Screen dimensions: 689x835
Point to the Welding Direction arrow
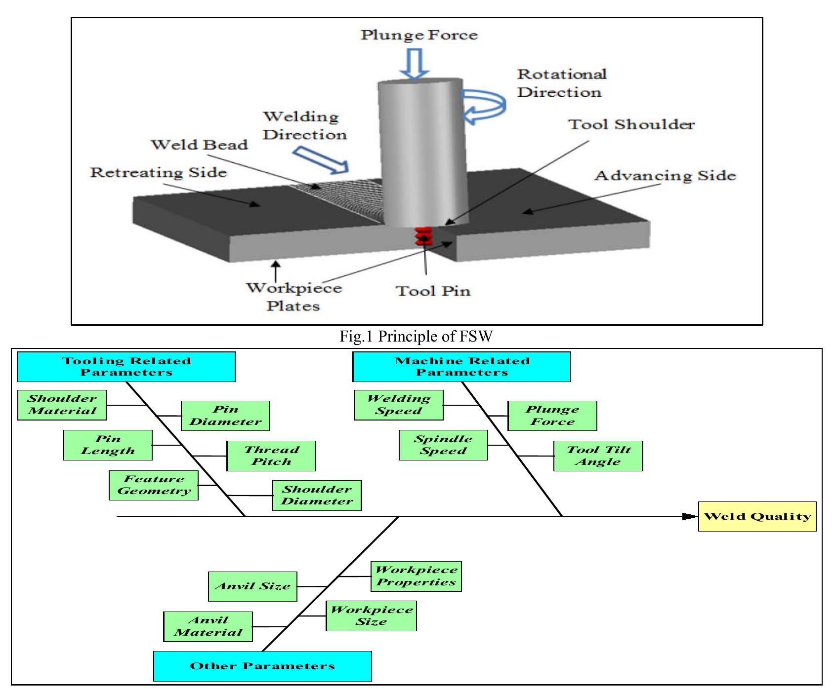[x=320, y=161]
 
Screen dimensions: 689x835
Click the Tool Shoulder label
[x=631, y=124]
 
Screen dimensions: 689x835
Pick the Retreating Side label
[x=158, y=173]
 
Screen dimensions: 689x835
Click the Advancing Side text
[x=665, y=176]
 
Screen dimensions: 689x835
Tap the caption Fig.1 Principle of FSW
[x=416, y=337]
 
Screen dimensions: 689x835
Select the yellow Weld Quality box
[x=756, y=517]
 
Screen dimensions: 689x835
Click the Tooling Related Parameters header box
[x=126, y=367]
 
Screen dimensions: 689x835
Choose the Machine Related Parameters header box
[x=461, y=367]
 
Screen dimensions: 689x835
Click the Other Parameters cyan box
[x=262, y=666]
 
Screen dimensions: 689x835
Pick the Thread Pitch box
[x=271, y=456]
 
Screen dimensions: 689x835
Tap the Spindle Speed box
[x=443, y=445]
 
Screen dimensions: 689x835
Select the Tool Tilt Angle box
[x=598, y=456]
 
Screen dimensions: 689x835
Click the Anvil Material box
[x=208, y=626]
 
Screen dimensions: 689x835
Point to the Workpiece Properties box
[x=416, y=576]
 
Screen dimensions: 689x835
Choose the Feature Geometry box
[x=154, y=485]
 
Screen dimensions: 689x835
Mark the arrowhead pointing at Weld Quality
[x=690, y=517]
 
